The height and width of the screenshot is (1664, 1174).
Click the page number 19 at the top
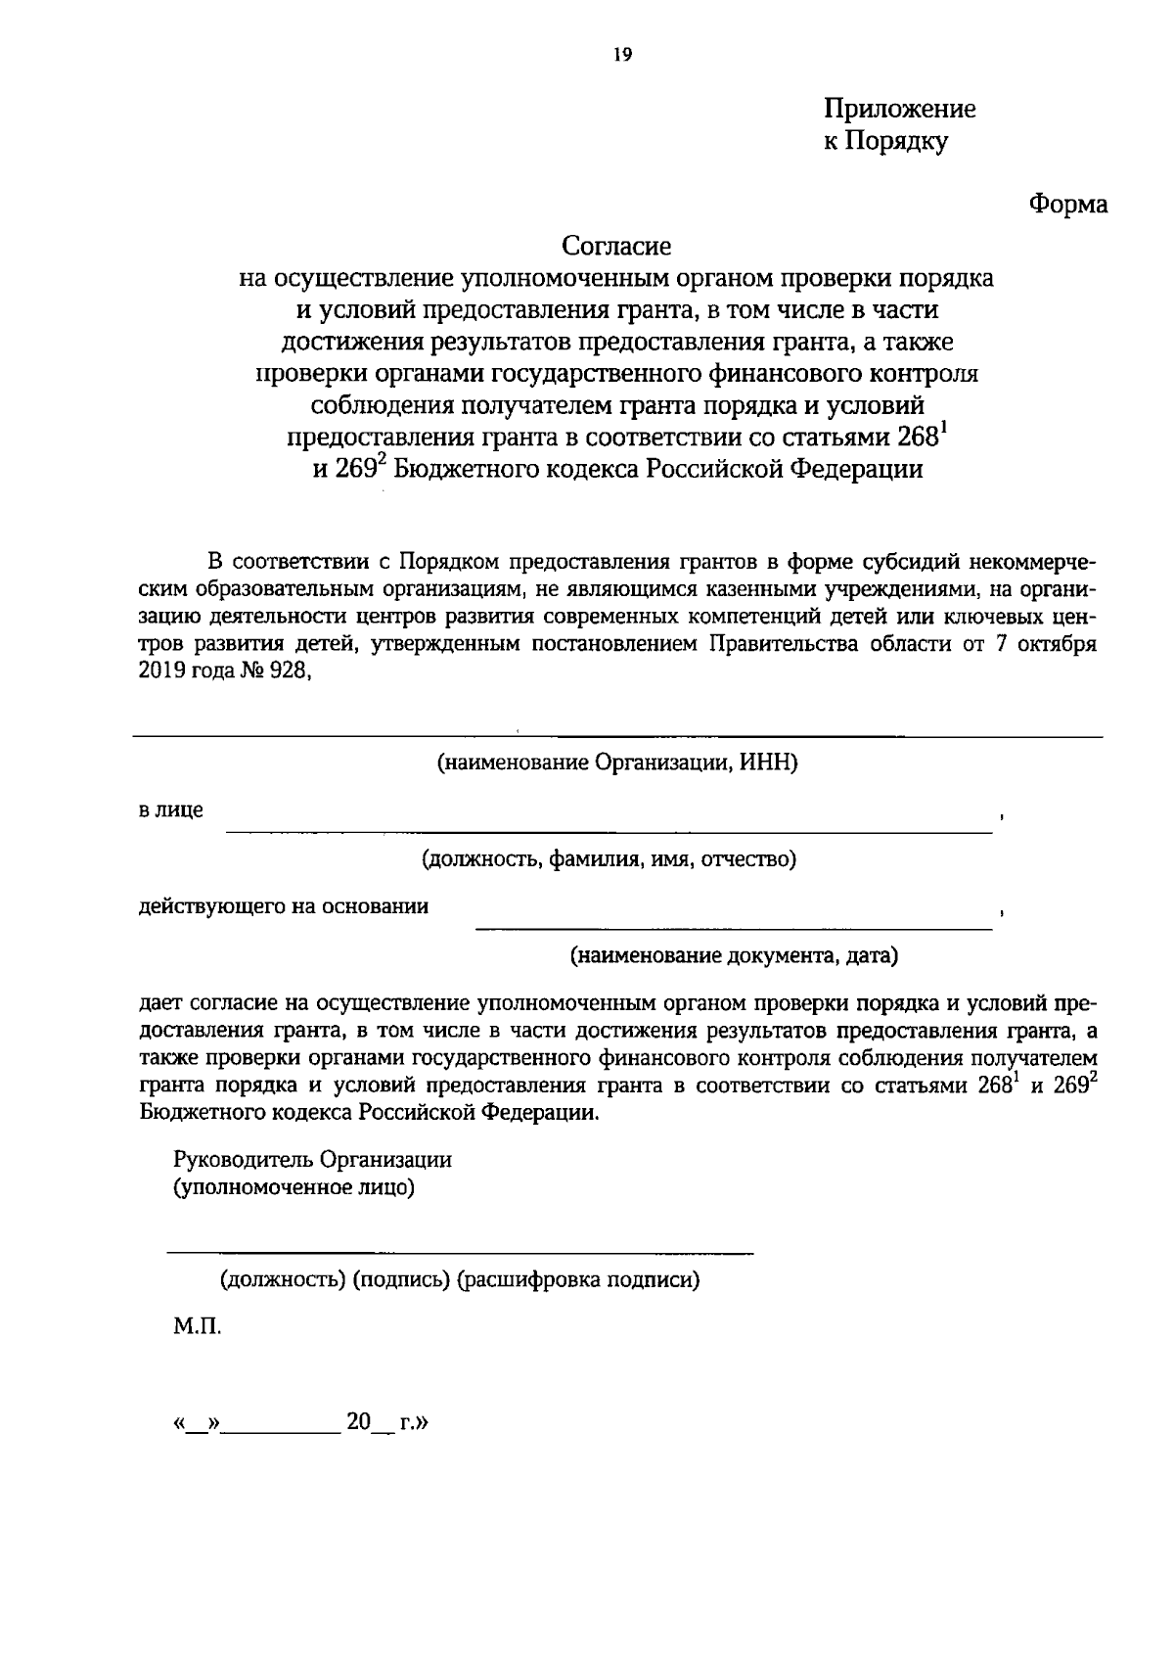tap(623, 56)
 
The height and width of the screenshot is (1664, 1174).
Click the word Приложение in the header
tap(899, 109)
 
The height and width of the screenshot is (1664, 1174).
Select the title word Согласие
tap(616, 245)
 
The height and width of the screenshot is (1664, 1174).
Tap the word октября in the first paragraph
tap(1057, 644)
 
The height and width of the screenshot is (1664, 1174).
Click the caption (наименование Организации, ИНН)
tap(617, 763)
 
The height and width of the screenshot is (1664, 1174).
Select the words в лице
tap(170, 810)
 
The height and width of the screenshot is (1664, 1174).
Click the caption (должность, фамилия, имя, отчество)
tap(609, 859)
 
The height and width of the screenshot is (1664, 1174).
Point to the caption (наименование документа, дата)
tap(734, 955)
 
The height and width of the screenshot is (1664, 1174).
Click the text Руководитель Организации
tap(312, 1160)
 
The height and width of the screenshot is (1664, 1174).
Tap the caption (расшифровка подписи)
tap(578, 1280)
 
